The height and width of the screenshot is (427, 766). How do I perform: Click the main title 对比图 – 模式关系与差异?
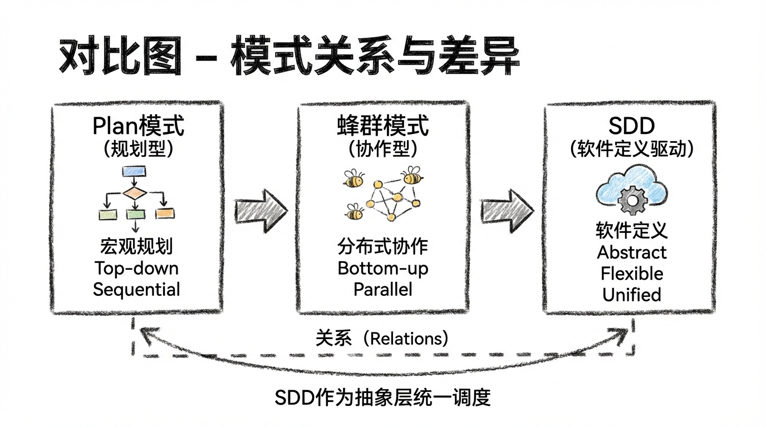click(289, 58)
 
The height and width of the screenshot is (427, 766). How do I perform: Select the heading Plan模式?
click(138, 126)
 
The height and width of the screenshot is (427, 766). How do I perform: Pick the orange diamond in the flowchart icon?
click(135, 193)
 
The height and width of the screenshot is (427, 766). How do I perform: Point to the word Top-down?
click(136, 269)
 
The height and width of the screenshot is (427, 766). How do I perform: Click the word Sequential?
click(136, 290)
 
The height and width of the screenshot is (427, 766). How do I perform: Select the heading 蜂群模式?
click(384, 126)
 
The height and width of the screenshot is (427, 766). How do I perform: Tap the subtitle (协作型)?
click(384, 149)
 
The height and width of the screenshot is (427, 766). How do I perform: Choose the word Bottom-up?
click(383, 269)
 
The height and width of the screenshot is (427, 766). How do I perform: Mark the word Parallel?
click(383, 290)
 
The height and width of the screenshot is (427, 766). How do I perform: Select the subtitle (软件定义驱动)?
click(631, 149)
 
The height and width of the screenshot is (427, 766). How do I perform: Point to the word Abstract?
click(632, 252)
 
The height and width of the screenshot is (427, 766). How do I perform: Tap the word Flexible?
click(632, 274)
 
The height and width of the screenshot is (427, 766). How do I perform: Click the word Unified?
click(632, 294)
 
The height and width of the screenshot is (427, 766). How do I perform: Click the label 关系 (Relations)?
click(382, 338)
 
